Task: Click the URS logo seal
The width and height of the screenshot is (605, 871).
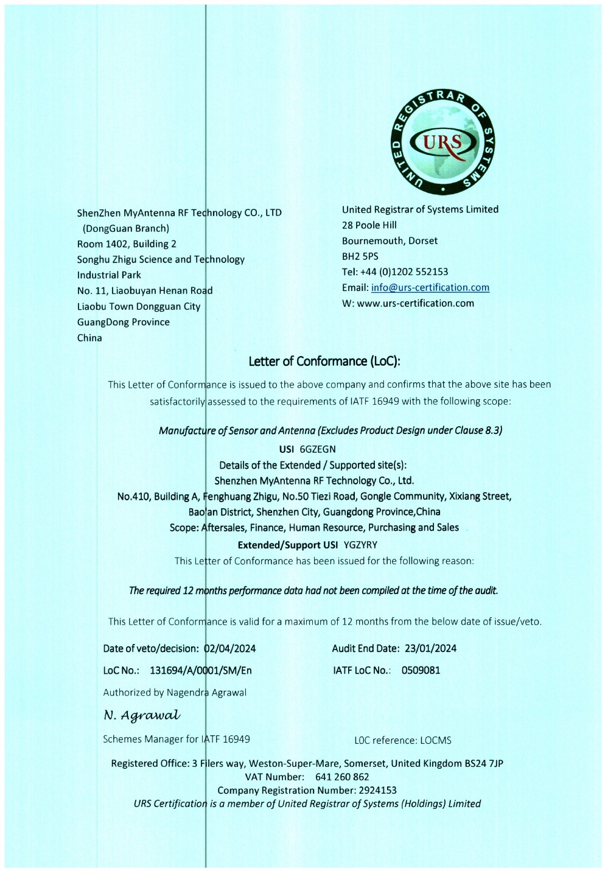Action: [442, 143]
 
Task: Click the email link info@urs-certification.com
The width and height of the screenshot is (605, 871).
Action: [430, 287]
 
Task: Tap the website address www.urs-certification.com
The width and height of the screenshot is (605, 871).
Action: [415, 303]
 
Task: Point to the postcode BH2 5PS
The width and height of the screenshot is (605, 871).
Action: [360, 256]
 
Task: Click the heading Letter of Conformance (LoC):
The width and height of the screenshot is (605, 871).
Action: [324, 362]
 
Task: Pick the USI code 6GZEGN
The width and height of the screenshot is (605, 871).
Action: [318, 449]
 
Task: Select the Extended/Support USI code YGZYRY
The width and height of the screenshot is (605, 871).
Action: [360, 545]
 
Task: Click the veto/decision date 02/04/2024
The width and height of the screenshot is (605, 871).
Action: [230, 648]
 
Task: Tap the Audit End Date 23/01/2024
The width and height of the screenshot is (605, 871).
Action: [430, 648]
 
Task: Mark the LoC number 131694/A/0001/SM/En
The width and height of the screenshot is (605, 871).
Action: [201, 670]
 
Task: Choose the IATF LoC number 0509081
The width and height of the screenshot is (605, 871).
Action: [421, 670]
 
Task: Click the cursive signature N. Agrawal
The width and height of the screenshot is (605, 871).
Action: [142, 715]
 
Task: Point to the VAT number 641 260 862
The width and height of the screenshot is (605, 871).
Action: [342, 777]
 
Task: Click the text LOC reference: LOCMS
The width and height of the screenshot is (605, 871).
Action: [403, 740]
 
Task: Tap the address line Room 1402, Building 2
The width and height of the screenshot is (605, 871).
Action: [127, 243]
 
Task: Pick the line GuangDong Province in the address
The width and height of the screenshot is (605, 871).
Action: [124, 322]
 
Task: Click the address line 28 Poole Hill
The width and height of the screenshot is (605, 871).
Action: [369, 225]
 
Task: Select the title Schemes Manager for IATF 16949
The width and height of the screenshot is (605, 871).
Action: [177, 739]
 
